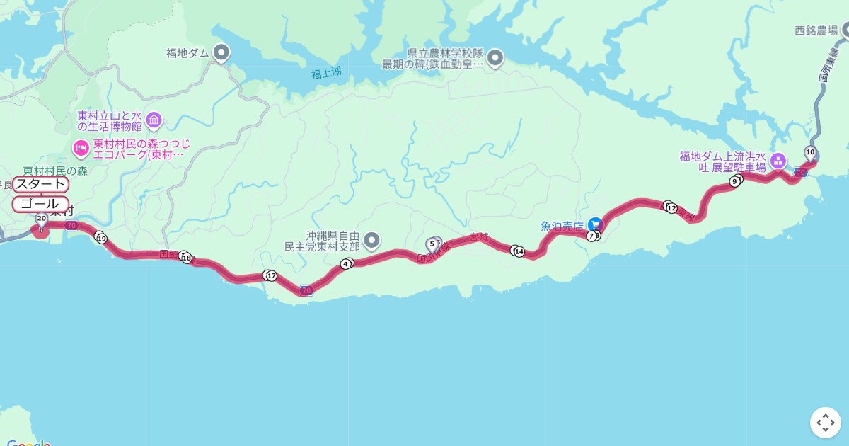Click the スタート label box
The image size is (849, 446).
click(41, 185)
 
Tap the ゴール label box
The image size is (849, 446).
click(41, 204)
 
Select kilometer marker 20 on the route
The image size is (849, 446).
click(41, 219)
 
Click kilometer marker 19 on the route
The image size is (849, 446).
click(101, 239)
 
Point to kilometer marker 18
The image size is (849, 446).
click(187, 258)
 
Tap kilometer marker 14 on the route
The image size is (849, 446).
click(519, 251)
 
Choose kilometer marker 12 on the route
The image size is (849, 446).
click(671, 208)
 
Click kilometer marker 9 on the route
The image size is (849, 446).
click(735, 182)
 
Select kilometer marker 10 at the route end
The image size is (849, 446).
click(810, 152)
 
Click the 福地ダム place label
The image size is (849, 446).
click(186, 52)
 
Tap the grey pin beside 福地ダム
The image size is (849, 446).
click(221, 52)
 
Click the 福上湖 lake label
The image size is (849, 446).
click(326, 72)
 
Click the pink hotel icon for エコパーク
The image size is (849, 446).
click(81, 148)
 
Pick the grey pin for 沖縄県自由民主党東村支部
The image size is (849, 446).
click(371, 240)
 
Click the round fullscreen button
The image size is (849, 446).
click(825, 423)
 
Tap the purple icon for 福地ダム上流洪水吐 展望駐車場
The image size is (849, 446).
click(778, 161)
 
